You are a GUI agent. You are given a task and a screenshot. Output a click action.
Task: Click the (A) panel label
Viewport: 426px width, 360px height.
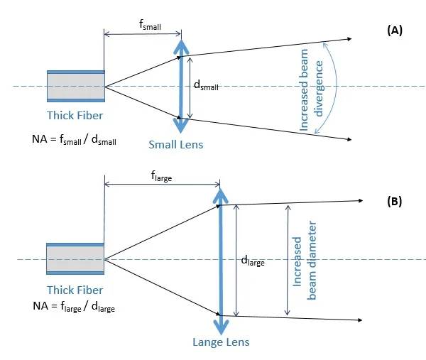click(x=395, y=30)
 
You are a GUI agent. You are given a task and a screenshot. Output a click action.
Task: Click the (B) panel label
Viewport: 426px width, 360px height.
click(x=395, y=201)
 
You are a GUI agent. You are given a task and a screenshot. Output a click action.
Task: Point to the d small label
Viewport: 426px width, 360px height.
click(x=206, y=85)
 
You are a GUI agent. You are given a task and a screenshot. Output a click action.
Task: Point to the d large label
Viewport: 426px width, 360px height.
click(x=253, y=261)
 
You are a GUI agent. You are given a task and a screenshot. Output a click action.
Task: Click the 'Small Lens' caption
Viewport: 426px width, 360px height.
click(x=175, y=145)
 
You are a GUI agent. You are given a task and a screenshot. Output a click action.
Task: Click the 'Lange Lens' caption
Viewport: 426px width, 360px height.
click(x=221, y=342)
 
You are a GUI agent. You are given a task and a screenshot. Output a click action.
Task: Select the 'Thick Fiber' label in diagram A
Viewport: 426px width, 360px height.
click(x=75, y=115)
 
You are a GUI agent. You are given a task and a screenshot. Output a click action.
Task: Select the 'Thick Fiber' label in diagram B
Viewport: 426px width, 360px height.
click(x=75, y=290)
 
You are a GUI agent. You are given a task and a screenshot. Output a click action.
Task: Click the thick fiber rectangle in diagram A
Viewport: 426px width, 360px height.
click(x=75, y=86)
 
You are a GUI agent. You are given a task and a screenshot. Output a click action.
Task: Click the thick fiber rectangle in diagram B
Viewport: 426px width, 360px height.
click(x=75, y=260)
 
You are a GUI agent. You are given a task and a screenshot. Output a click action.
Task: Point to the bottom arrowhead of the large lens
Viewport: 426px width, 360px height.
click(x=221, y=328)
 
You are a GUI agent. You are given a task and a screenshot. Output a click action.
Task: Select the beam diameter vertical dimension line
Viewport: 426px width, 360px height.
click(x=287, y=261)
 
